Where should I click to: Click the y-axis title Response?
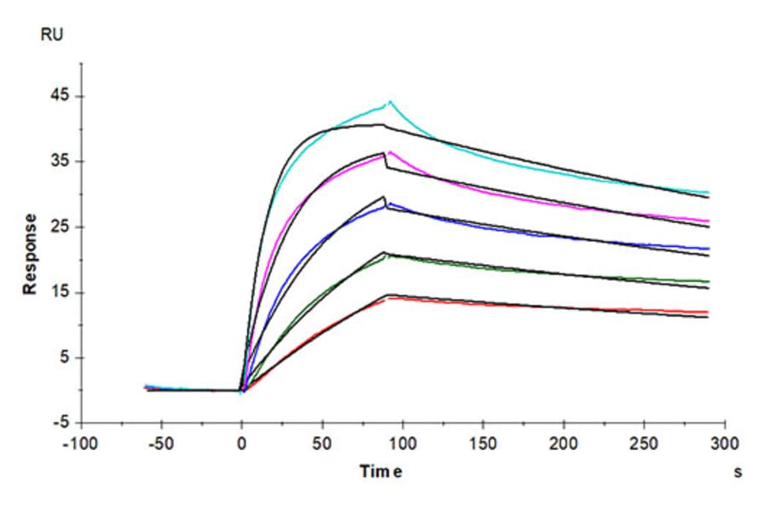pos(31,254)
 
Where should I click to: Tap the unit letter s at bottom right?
pos(737,472)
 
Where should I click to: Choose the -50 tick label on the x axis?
pos(161,445)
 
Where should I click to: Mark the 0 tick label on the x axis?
pos(242,445)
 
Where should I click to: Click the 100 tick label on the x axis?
pos(403,445)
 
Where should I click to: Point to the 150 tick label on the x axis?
pos(483,445)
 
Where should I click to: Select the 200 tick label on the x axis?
pos(564,445)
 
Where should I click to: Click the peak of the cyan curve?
pos(389,102)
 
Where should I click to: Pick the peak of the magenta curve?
pos(389,152)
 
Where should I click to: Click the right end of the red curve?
pos(708,312)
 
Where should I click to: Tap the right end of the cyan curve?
pos(708,193)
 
